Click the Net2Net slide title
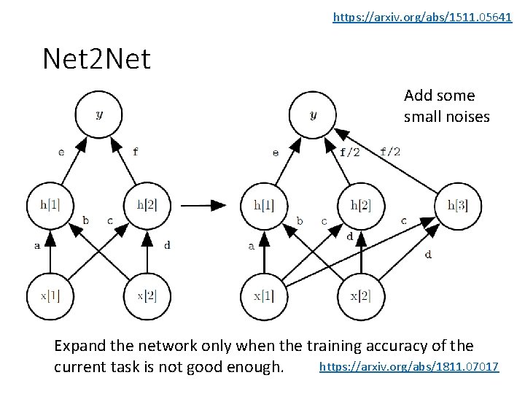[96, 58]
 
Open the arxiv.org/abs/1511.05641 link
[422, 16]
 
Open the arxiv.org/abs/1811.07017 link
[409, 366]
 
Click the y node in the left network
[98, 115]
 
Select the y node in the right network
[313, 115]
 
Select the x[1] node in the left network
[50, 296]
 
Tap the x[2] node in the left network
[147, 296]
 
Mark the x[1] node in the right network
[264, 296]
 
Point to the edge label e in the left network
[61, 152]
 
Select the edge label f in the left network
[135, 152]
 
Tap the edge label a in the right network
[251, 247]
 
